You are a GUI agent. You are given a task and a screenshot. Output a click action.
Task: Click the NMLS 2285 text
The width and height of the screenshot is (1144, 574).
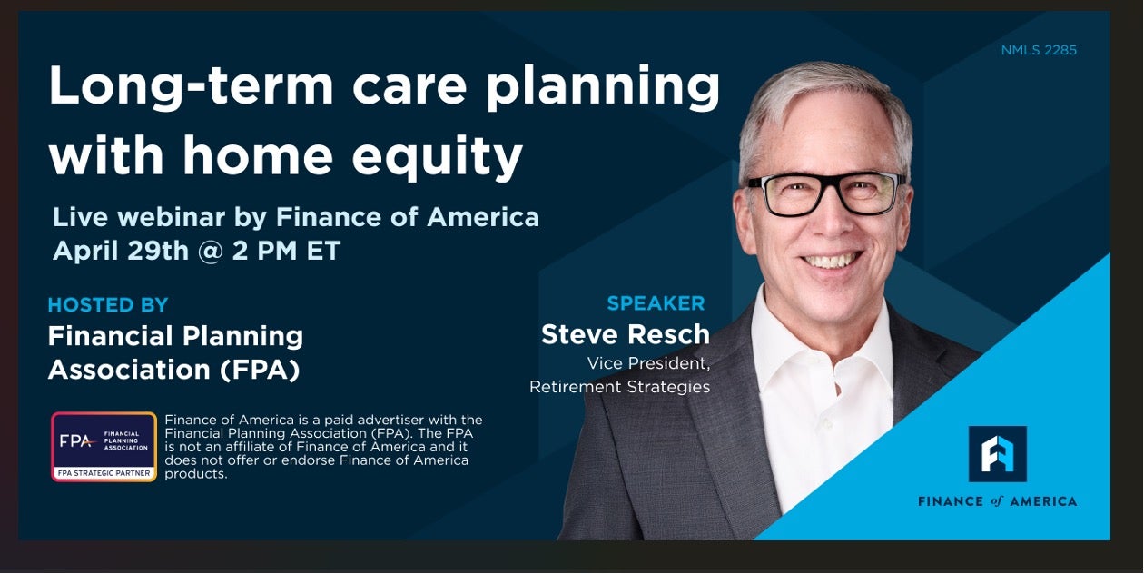[1039, 50]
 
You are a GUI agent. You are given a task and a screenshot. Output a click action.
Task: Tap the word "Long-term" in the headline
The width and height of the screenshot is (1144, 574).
[191, 85]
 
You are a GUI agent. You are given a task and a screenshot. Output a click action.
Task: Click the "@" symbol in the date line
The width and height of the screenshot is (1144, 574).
[211, 252]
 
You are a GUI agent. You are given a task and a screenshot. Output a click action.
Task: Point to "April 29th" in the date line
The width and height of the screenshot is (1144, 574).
[121, 251]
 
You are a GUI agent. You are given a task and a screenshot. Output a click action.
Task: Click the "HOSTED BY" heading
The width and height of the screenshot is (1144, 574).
[108, 305]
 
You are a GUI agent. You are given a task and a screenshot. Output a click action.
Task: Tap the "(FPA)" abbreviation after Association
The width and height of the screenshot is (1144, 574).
[260, 370]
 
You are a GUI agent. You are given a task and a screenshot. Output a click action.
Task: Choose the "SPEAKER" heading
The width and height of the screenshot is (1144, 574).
[656, 303]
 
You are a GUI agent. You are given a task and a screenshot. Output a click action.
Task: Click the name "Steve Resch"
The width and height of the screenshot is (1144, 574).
[625, 334]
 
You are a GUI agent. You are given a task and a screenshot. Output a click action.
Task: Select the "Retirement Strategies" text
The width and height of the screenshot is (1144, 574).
[619, 387]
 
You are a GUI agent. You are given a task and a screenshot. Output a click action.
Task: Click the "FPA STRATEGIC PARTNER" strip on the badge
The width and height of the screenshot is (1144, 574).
[104, 473]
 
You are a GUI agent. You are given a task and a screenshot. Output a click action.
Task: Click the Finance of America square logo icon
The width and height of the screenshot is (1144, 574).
[998, 454]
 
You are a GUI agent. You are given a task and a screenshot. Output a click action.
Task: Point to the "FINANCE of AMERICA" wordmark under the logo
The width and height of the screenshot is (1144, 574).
[998, 501]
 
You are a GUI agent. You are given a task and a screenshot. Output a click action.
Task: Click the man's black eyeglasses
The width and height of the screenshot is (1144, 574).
[826, 193]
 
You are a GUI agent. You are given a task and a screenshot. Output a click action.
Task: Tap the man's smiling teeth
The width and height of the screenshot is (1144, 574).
[831, 261]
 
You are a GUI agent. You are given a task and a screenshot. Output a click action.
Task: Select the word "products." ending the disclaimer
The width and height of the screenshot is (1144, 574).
[195, 474]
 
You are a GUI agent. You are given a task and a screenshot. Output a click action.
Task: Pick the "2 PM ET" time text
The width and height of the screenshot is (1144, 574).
[287, 251]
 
